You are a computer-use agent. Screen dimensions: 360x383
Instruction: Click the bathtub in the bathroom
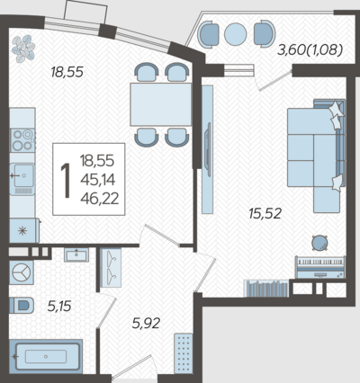pyautogui.click(x=46, y=356)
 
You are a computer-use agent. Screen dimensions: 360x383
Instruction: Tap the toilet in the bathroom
pyautogui.click(x=21, y=306)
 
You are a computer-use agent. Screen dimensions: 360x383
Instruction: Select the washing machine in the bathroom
pyautogui.click(x=22, y=272)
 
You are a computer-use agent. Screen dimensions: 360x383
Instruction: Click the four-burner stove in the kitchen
pyautogui.click(x=22, y=140)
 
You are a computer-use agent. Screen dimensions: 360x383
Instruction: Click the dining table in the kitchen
pyautogui.click(x=161, y=104)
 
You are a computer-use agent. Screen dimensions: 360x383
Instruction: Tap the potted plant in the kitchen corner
pyautogui.click(x=23, y=49)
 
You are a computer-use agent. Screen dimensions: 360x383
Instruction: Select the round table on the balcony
pyautogui.click(x=236, y=34)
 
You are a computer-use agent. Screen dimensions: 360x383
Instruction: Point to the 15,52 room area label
pyautogui.click(x=265, y=214)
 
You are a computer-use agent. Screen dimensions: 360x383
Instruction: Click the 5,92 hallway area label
pyautogui.click(x=146, y=324)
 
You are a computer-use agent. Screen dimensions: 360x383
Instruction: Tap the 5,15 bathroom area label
pyautogui.click(x=59, y=307)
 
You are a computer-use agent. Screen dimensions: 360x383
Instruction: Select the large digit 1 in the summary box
pyautogui.click(x=66, y=181)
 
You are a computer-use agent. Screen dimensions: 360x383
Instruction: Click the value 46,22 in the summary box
pyautogui.click(x=100, y=199)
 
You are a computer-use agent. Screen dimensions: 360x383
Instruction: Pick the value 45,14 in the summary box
pyautogui.click(x=98, y=180)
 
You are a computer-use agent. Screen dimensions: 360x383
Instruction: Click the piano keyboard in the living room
pyautogui.click(x=320, y=267)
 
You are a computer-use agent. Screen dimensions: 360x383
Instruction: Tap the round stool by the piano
pyautogui.click(x=319, y=243)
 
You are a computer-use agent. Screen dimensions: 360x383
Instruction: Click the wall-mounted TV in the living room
pyautogui.click(x=207, y=149)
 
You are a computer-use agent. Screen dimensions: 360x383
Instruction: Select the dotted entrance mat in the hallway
pyautogui.click(x=184, y=353)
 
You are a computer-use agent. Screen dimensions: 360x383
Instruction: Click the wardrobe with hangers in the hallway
pyautogui.click(x=111, y=267)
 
